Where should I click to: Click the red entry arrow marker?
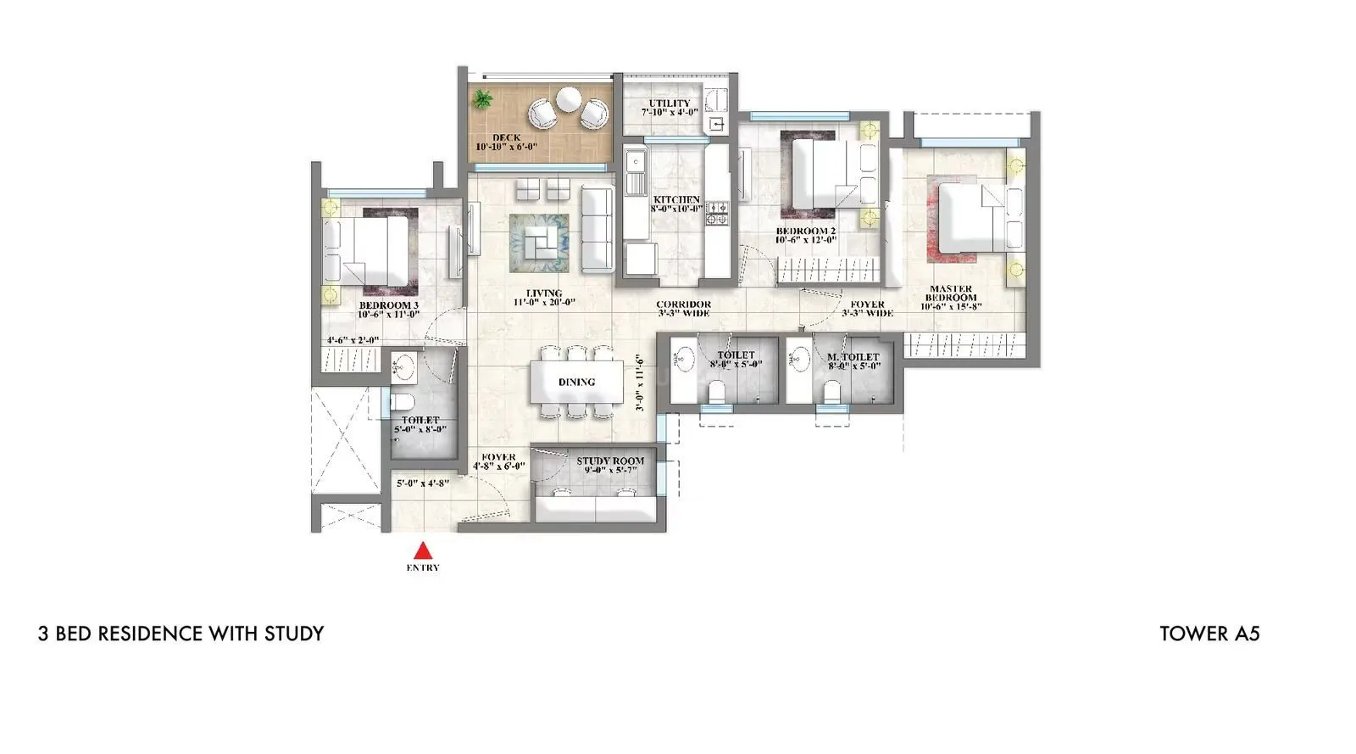coord(422,550)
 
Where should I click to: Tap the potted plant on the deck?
coord(483,98)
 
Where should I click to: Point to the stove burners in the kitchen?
coord(717,213)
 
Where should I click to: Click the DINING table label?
coord(576,383)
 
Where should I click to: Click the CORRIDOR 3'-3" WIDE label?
coord(683,309)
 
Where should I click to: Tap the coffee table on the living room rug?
coord(541,242)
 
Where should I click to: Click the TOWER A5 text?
coord(1209,634)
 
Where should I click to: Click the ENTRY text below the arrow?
coord(422,568)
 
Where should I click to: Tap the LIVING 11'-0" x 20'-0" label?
coord(544,298)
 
